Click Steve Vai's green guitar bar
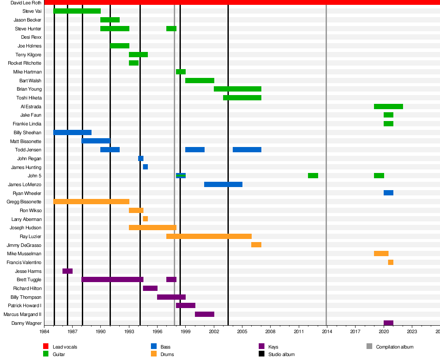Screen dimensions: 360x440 77,11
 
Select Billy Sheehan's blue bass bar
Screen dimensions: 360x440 72,132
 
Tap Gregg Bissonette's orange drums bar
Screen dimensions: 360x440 91,202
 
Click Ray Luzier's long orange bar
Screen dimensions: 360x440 209,236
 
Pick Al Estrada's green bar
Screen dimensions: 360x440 388,107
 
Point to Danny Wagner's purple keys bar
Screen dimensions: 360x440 388,323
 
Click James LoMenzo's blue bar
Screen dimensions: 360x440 223,184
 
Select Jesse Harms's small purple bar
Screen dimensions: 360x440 67,271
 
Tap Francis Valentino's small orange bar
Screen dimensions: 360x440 390,262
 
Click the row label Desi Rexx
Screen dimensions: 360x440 31,37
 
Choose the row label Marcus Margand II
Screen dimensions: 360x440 22,314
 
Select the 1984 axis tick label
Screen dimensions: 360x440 44,331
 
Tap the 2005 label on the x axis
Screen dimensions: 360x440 242,331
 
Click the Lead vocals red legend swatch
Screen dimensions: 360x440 46,347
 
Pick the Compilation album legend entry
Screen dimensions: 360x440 395,347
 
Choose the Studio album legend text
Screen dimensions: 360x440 281,354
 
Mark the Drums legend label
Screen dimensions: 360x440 167,354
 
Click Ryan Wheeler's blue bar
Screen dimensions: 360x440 388,193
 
